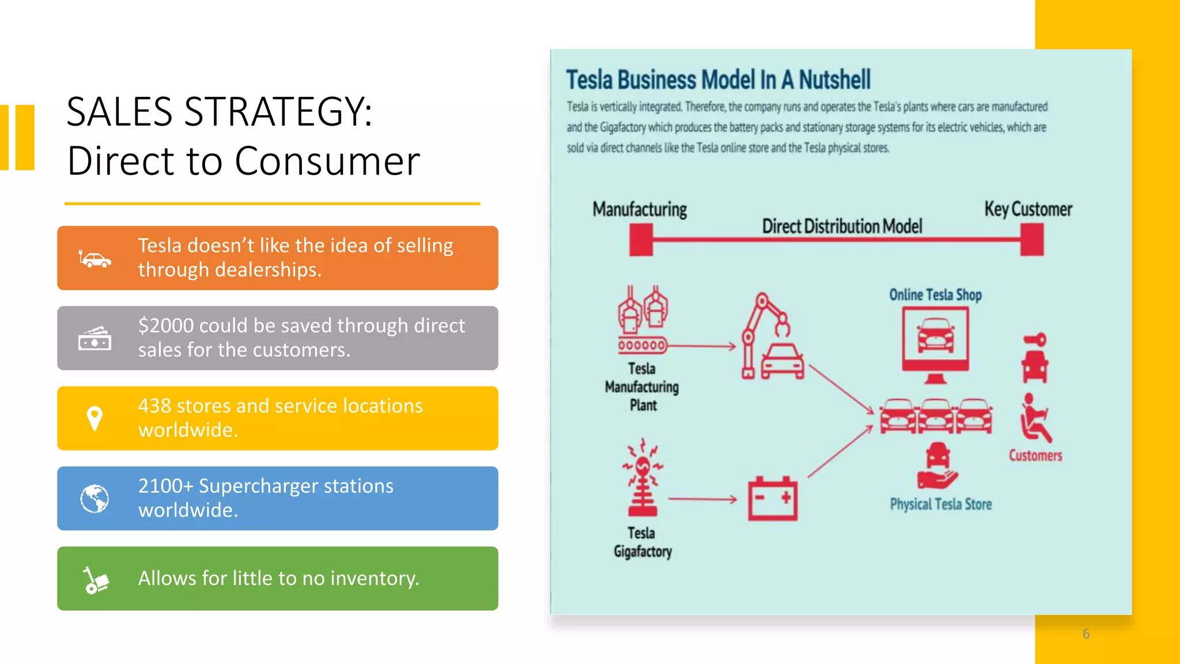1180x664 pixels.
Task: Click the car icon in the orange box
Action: click(95, 259)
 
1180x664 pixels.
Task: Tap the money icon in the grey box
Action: click(95, 338)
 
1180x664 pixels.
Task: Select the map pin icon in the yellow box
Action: click(94, 418)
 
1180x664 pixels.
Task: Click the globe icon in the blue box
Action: click(94, 499)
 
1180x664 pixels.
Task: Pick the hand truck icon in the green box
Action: click(95, 579)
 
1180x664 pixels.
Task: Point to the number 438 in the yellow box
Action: click(154, 406)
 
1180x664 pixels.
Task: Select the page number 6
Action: click(1086, 634)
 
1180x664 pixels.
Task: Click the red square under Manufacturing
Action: click(641, 239)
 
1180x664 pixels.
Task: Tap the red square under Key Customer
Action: click(1032, 239)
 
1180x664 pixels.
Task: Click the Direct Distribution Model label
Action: click(842, 226)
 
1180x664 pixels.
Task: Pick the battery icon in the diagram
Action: click(773, 499)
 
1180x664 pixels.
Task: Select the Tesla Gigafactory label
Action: click(642, 542)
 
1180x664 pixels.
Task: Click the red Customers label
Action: click(1035, 455)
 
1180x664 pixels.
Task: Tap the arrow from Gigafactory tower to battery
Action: click(702, 499)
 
